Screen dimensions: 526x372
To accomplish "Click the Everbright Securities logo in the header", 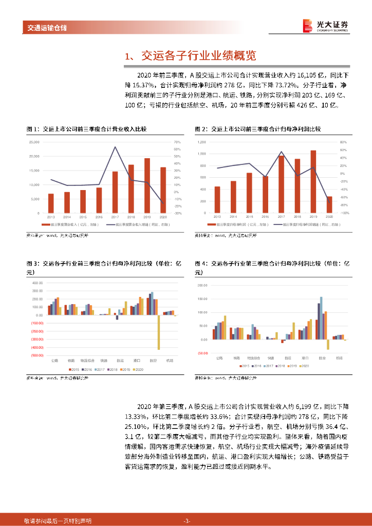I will pos(325,26).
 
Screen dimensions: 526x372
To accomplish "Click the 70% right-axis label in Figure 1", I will pos(177,142).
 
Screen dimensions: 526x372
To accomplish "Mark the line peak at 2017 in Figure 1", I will pos(115,147).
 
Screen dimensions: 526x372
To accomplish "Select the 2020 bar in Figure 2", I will pos(329,204).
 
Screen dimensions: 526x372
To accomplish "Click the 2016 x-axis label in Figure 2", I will pos(265,217).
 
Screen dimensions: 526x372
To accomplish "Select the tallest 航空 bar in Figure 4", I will pos(321,318).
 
